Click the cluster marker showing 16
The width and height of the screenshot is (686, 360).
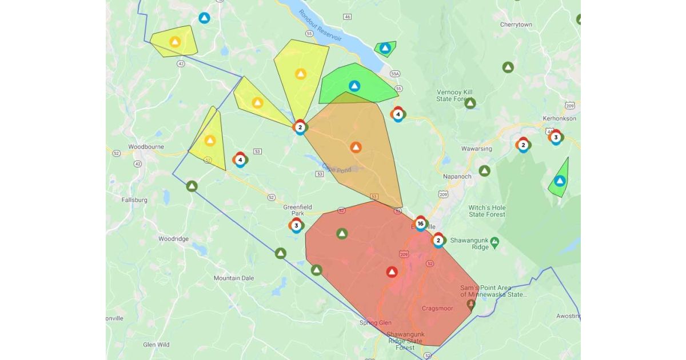click(421, 223)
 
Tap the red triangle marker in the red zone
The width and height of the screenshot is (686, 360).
click(392, 272)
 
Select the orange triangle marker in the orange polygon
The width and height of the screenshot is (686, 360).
click(356, 147)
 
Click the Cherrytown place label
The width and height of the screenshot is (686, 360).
click(516, 25)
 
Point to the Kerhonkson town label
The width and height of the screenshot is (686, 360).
click(559, 118)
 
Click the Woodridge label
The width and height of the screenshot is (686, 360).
click(174, 239)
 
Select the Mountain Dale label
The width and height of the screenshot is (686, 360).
click(233, 278)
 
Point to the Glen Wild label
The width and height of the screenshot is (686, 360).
click(156, 345)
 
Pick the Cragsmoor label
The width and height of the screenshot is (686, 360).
click(437, 309)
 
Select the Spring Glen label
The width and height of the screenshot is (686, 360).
click(376, 323)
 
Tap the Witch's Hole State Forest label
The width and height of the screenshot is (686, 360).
click(487, 211)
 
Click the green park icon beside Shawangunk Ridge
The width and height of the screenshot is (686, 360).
click(494, 241)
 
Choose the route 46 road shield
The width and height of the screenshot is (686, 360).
click(348, 17)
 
